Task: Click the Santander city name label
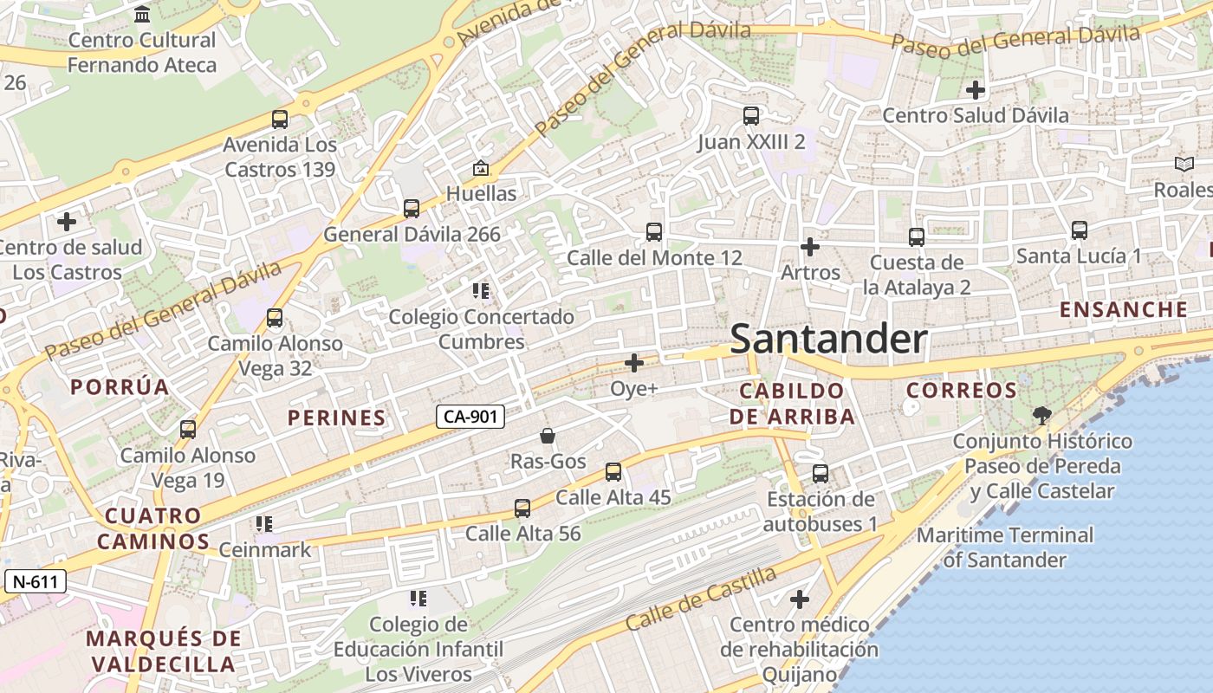click(828, 339)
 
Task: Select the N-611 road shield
click(36, 581)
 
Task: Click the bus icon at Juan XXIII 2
click(751, 116)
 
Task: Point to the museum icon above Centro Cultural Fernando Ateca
click(142, 15)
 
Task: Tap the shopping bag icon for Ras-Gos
click(548, 436)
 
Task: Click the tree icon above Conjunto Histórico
click(1042, 416)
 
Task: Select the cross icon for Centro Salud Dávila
click(976, 89)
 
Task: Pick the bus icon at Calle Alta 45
click(613, 472)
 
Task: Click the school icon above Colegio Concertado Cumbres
click(481, 292)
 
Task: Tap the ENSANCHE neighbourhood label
click(1124, 309)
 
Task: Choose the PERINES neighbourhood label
click(336, 418)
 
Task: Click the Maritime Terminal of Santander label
click(1005, 547)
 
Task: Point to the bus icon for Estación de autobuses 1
click(821, 474)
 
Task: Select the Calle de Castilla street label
click(701, 599)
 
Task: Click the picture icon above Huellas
click(481, 168)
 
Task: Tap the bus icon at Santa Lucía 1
click(1079, 230)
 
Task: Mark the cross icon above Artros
click(810, 247)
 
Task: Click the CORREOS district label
click(962, 390)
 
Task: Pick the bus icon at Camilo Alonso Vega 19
click(188, 430)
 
